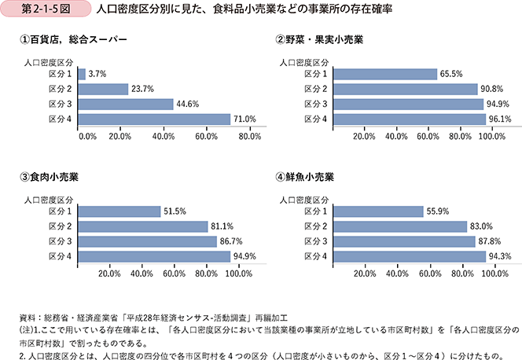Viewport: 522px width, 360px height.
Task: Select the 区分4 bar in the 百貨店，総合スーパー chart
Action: click(155, 119)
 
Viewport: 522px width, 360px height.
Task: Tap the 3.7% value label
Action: click(97, 74)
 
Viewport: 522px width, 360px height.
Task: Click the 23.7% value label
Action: click(142, 89)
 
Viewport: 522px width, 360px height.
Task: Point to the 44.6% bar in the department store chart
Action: click(127, 104)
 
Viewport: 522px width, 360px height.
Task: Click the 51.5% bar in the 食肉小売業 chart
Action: click(119, 211)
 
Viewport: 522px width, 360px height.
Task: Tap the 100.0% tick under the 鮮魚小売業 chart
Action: click(492, 275)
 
